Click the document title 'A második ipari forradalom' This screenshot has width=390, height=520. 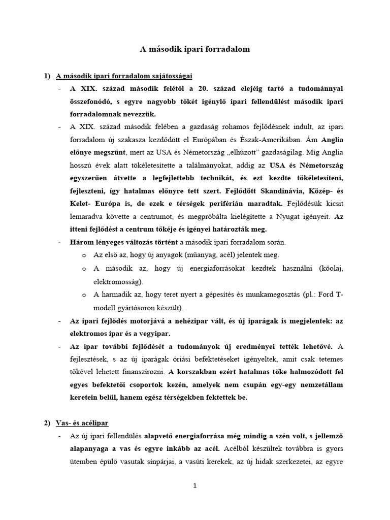[x=194, y=50]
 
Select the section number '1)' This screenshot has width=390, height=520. [x=47, y=77]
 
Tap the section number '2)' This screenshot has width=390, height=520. [x=47, y=422]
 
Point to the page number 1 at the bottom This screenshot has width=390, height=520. [x=194, y=485]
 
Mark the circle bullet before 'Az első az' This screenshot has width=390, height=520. [x=84, y=255]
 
